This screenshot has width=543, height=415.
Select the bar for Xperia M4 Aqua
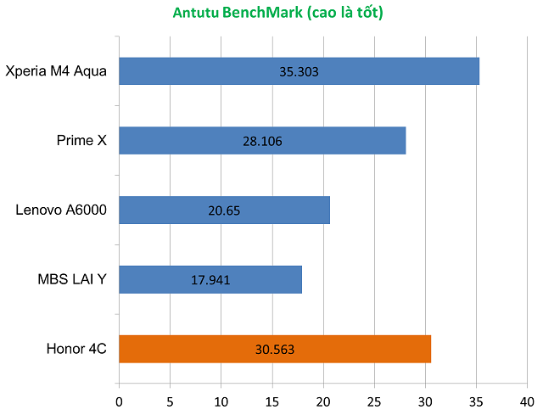click(382, 71)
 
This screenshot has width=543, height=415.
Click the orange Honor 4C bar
click(356, 349)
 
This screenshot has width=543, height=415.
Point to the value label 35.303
click(299, 72)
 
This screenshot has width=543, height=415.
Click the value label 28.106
click(262, 142)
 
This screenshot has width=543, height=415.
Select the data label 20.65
click(225, 210)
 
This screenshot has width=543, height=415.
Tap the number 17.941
click(210, 280)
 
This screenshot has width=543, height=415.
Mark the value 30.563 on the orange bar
click(275, 350)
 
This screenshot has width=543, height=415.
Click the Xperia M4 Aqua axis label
click(56, 70)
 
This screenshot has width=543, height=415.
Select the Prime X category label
click(76, 140)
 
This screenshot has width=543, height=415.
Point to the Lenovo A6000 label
click(61, 210)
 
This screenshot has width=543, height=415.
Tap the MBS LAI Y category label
click(72, 279)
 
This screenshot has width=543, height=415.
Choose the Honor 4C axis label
click(76, 349)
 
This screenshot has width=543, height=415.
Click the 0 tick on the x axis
click(119, 400)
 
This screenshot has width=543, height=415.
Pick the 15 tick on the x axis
click(272, 400)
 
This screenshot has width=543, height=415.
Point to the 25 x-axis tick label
click(374, 400)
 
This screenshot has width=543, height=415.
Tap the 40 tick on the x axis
click(527, 400)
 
